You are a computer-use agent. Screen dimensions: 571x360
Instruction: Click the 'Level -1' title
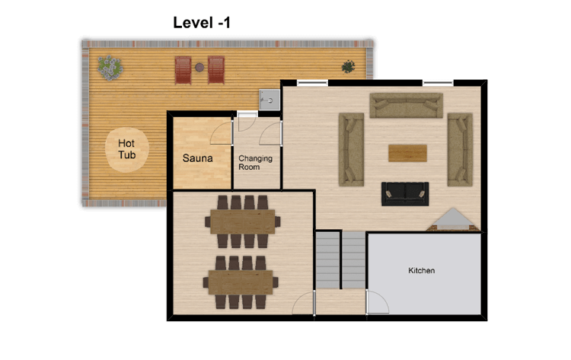(x=202, y=23)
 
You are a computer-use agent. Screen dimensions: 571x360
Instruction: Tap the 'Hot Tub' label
(x=126, y=149)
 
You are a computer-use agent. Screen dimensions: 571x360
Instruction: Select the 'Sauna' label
(x=197, y=158)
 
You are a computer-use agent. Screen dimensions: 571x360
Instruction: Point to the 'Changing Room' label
(x=255, y=163)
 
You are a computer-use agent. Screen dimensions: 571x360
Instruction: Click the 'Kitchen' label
(x=421, y=270)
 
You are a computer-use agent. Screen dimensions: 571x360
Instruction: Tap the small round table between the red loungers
(x=199, y=67)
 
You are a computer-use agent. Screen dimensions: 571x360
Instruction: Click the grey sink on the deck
(x=270, y=100)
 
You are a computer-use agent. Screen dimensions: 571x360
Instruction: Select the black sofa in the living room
(x=405, y=193)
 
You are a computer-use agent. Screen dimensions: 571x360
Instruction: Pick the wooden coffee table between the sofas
(x=407, y=153)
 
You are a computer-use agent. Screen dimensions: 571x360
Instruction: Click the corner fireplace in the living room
(x=453, y=220)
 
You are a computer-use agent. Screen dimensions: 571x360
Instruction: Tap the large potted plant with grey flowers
(x=110, y=68)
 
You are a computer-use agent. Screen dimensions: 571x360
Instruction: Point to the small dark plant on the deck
(x=348, y=67)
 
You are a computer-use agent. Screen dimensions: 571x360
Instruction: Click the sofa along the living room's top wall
(x=406, y=106)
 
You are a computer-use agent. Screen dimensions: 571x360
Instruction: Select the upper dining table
(x=243, y=221)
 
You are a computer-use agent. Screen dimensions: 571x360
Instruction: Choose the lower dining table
(x=241, y=282)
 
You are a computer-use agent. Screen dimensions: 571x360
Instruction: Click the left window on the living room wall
(x=312, y=84)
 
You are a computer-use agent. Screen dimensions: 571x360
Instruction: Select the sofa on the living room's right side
(x=460, y=150)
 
